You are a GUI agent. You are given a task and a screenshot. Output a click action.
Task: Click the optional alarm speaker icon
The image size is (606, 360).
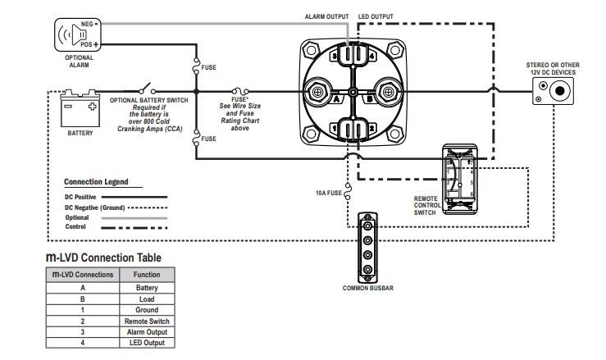pyautogui.click(x=78, y=34)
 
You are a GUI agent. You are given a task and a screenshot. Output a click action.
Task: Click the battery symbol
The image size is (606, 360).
pyautogui.click(x=80, y=108)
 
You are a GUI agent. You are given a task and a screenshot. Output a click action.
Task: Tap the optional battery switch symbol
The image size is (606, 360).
pyautogui.click(x=147, y=89)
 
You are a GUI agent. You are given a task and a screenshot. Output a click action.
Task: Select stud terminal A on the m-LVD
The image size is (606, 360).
pyautogui.click(x=317, y=92)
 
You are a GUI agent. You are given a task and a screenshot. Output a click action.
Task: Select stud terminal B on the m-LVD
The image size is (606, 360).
pyautogui.click(x=388, y=92)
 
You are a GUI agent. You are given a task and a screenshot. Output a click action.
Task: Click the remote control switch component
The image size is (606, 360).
pyautogui.click(x=459, y=179)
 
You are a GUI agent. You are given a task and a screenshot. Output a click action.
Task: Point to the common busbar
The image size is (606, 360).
pyautogui.click(x=367, y=248)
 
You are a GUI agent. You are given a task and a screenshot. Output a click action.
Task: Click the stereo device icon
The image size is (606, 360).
pyautogui.click(x=553, y=91)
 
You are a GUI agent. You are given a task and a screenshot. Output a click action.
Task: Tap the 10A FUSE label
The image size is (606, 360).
pyautogui.click(x=329, y=193)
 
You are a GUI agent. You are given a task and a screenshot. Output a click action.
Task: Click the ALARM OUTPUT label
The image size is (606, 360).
pyautogui.click(x=326, y=16)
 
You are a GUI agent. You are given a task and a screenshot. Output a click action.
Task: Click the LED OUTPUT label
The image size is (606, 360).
pyautogui.click(x=376, y=16)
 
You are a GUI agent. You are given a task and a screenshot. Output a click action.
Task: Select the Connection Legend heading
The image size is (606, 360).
pyautogui.click(x=96, y=182)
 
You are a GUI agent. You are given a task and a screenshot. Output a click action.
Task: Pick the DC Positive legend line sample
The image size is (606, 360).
pyautogui.click(x=134, y=197)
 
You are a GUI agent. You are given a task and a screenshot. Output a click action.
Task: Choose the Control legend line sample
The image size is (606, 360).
pyautogui.click(x=134, y=228)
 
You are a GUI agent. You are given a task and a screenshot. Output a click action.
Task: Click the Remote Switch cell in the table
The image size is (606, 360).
pyautogui.click(x=147, y=321)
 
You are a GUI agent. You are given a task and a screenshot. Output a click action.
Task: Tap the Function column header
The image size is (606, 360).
pyautogui.click(x=147, y=275)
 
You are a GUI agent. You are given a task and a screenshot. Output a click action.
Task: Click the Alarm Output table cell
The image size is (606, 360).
pyautogui.click(x=147, y=332)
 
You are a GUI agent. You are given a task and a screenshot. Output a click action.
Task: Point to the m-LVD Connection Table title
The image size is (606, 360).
pyautogui.click(x=103, y=257)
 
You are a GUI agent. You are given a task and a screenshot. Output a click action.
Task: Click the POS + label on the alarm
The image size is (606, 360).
pyautogui.click(x=89, y=44)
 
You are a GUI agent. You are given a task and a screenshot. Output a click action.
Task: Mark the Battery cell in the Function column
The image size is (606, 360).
pyautogui.click(x=147, y=288)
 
